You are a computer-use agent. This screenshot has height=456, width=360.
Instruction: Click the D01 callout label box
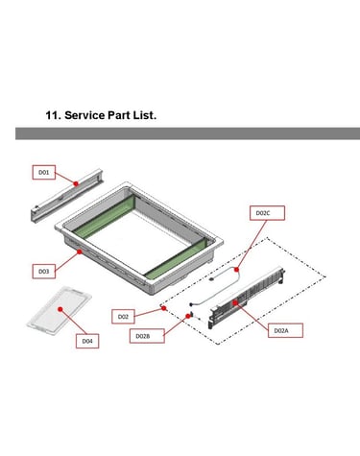pos(44,172)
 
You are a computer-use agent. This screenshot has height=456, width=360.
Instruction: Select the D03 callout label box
pos(44,272)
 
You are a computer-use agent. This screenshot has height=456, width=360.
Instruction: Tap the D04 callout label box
pos(87,341)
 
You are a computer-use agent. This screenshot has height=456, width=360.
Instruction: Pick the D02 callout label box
pos(123,317)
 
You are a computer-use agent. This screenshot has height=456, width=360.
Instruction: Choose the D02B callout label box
pos(147,336)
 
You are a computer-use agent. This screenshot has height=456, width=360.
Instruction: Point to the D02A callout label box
pos(285,330)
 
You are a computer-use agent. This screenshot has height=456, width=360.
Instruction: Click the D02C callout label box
pos(267,213)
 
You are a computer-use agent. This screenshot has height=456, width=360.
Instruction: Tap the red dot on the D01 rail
pos(76,183)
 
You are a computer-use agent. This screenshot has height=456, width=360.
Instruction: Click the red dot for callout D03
pos(80,252)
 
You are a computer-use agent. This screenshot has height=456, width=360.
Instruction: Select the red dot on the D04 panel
pos(60,309)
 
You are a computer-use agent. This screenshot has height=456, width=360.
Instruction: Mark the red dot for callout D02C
pos(237,270)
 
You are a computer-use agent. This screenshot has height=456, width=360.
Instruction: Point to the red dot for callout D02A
pos(235,302)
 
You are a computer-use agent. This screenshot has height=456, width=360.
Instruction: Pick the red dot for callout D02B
pos(188,316)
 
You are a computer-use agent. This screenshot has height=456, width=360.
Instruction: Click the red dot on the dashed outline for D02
pos(164,308)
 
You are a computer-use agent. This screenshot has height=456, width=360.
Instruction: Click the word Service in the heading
pos(84,115)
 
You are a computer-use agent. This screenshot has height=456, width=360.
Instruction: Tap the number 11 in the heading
pos(52,115)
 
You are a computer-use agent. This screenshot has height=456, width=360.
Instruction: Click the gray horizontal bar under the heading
pos(187,133)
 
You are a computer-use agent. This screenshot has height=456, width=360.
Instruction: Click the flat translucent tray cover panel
pos(60,307)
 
